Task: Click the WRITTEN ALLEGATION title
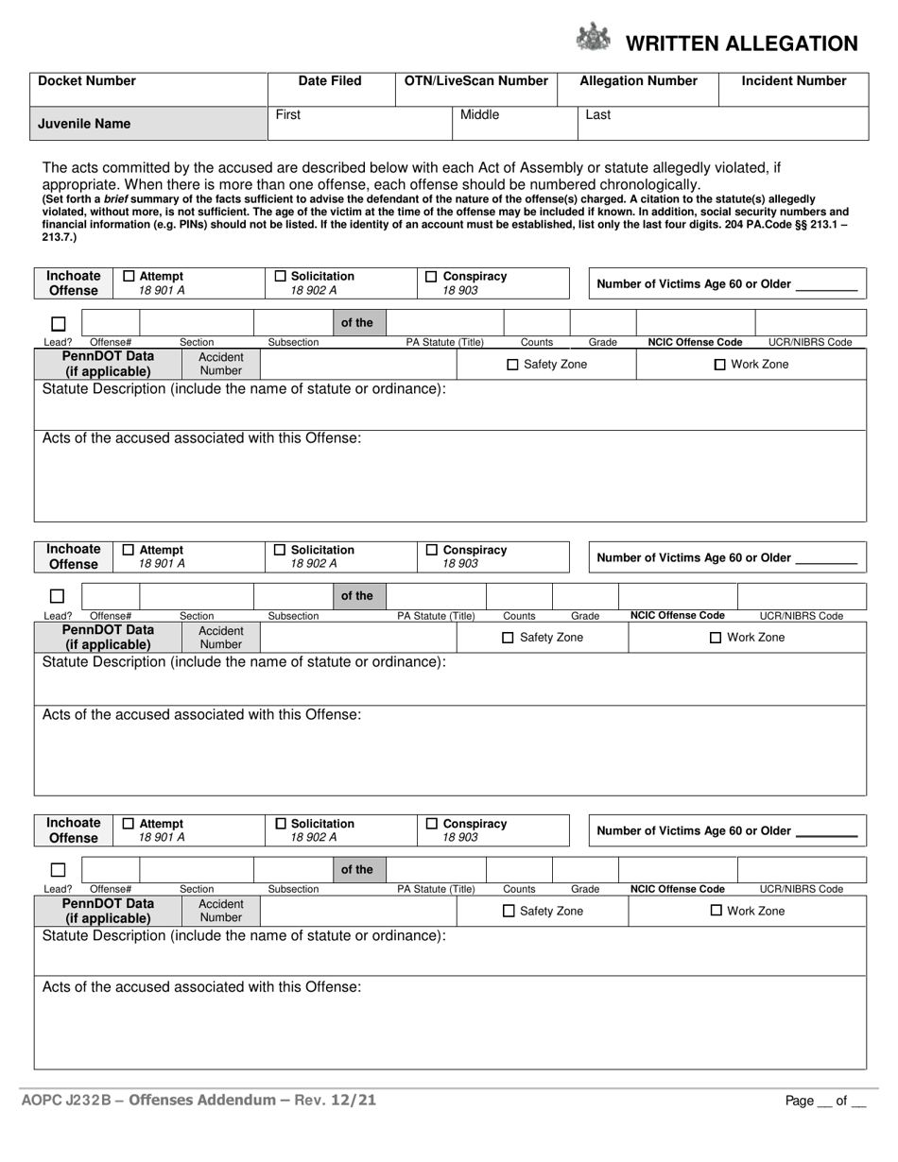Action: click(x=742, y=43)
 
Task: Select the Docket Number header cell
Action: click(x=87, y=81)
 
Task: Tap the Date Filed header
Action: click(x=330, y=81)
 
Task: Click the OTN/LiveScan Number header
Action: click(x=476, y=81)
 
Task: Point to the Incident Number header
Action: click(x=794, y=81)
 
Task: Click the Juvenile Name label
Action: click(x=84, y=124)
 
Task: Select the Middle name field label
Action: click(x=479, y=115)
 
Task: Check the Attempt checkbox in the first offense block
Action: click(x=130, y=277)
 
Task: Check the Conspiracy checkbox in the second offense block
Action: click(x=431, y=550)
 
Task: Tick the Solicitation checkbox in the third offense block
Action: click(x=280, y=824)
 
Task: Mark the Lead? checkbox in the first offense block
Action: click(x=58, y=323)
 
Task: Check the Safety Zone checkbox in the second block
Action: click(x=508, y=638)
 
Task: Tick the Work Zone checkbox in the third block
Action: click(x=717, y=911)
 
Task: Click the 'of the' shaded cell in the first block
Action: click(x=357, y=323)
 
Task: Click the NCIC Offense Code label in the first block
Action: click(x=695, y=343)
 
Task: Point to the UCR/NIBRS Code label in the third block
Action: click(x=802, y=889)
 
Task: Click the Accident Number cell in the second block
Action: click(x=221, y=638)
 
